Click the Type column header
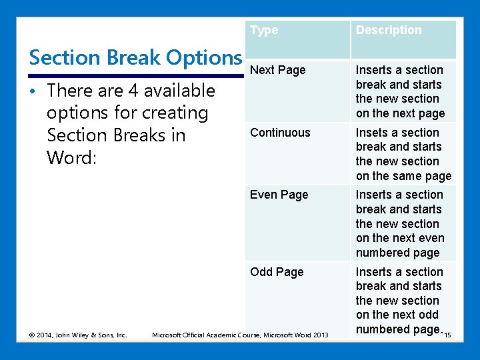(x=264, y=30)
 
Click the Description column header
(x=389, y=30)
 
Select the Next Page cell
(x=277, y=70)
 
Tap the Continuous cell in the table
(x=280, y=133)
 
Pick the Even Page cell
(x=279, y=195)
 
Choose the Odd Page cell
(x=276, y=272)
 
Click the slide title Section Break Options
(x=135, y=58)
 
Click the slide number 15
(x=447, y=335)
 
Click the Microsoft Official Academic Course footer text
(x=240, y=335)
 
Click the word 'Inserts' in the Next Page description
(x=376, y=70)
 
